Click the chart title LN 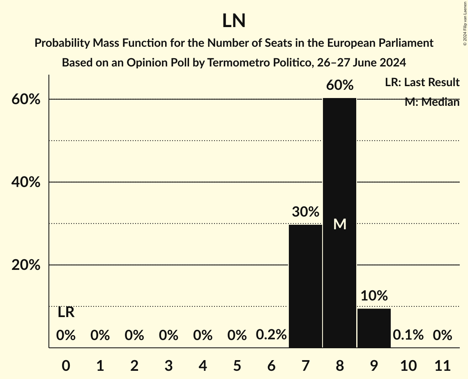point(234,21)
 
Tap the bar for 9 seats point(374,328)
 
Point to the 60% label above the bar point(340,85)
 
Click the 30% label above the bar point(305,212)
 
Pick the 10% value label point(374,295)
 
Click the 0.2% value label point(271,335)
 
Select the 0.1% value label point(408,335)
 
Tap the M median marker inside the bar point(340,224)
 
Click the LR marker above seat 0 point(66,313)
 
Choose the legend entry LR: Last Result point(422,82)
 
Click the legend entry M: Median point(432,102)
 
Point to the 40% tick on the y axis point(25,182)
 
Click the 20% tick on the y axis point(25,265)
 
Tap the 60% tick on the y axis point(25,99)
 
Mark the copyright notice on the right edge point(465,23)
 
